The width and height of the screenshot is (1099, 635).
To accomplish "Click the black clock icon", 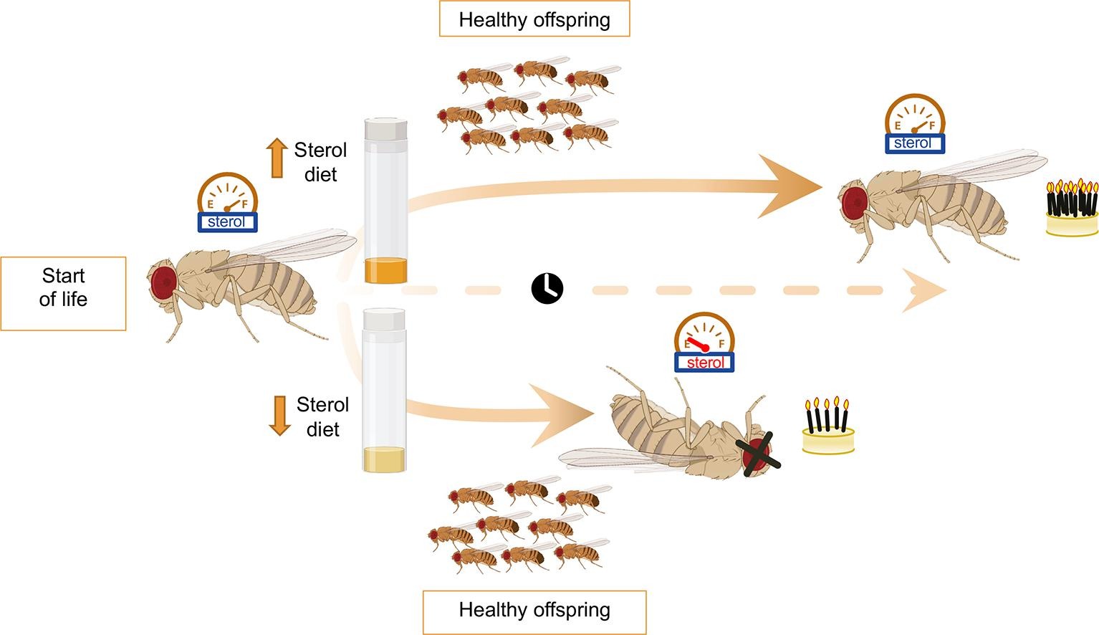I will (x=547, y=288).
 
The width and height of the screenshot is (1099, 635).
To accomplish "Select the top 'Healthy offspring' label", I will (x=534, y=19).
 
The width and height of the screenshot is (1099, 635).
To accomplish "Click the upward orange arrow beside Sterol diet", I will (x=277, y=158).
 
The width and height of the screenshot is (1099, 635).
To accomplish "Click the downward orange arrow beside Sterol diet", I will (x=279, y=416).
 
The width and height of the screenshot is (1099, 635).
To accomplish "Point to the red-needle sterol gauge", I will (x=705, y=343).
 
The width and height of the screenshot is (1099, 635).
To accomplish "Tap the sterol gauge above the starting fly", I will (x=227, y=203).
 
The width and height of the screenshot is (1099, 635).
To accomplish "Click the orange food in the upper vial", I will (x=386, y=272).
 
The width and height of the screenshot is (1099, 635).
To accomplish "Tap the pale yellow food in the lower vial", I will (x=385, y=459).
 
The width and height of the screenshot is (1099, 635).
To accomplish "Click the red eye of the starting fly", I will (x=163, y=282).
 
